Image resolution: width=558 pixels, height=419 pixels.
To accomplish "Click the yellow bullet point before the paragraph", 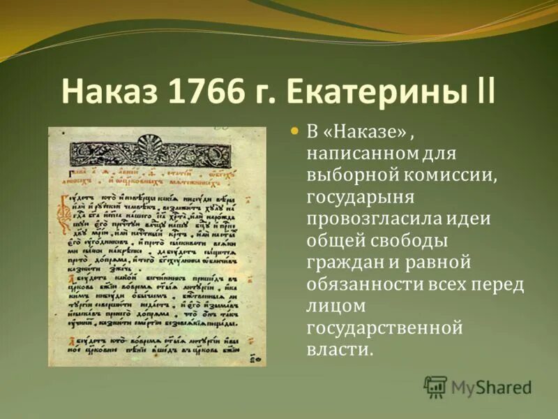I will [x=294, y=131].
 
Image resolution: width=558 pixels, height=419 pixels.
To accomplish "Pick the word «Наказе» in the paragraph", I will [x=353, y=132].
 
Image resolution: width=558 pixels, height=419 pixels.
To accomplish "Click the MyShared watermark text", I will [x=491, y=386].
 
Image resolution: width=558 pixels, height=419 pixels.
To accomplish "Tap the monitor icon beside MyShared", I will [x=435, y=386].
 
